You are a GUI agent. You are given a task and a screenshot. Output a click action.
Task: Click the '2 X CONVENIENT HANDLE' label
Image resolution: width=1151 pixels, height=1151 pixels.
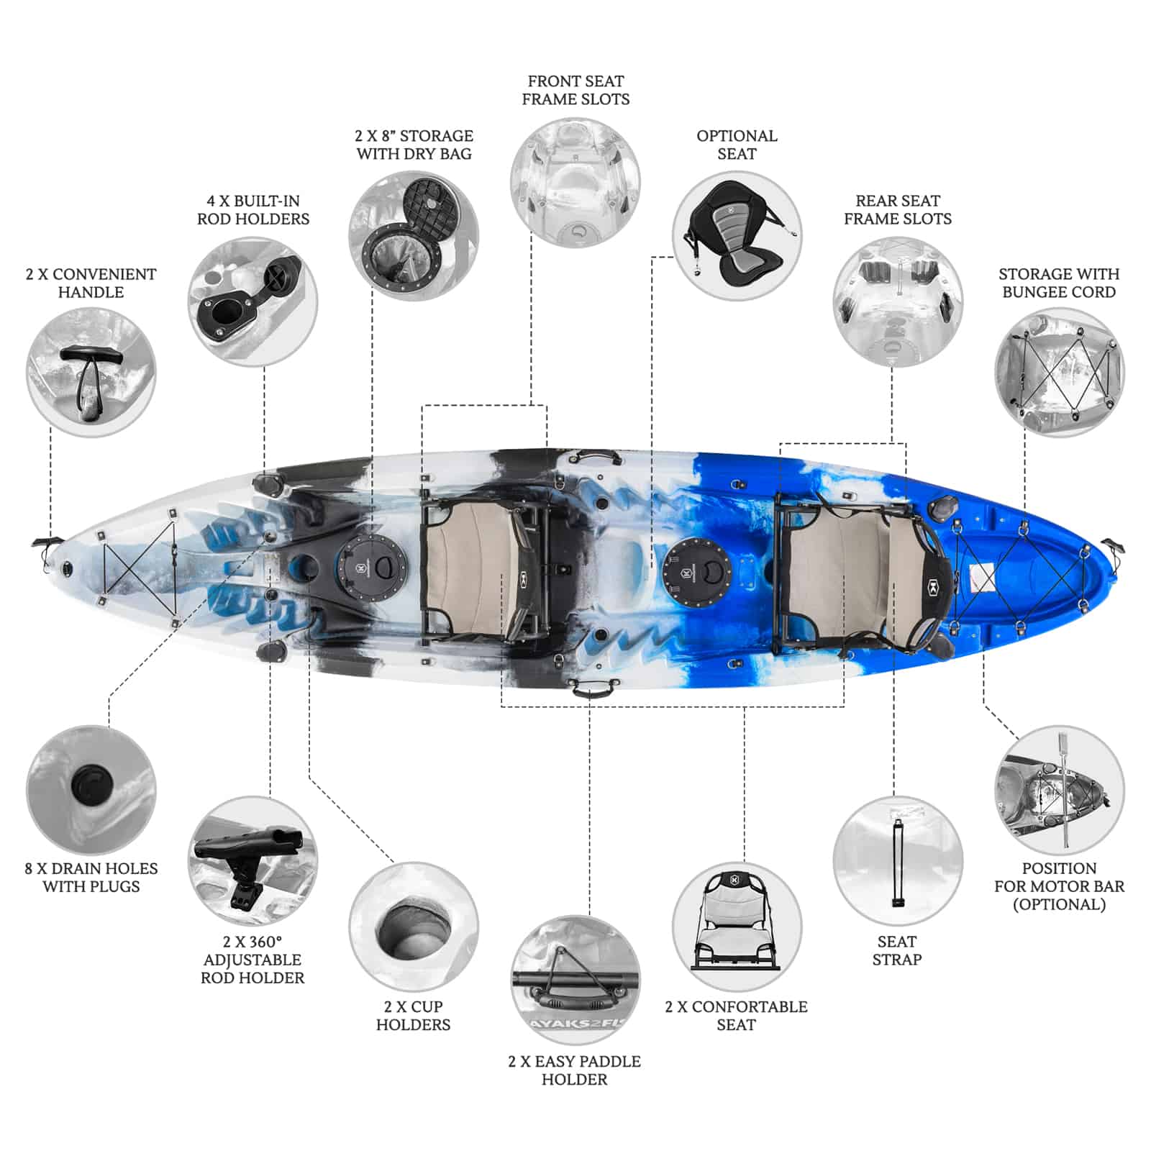[91, 283]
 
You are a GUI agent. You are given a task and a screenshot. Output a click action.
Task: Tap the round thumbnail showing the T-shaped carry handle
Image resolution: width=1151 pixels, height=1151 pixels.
[91, 372]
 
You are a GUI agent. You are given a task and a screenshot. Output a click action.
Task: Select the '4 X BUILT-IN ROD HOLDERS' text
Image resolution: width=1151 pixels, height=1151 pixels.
[253, 209]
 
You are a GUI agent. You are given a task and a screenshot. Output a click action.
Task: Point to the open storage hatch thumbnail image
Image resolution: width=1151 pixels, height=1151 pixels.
[414, 235]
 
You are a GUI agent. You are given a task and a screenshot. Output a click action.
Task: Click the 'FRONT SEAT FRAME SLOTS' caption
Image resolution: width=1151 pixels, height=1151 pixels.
[575, 90]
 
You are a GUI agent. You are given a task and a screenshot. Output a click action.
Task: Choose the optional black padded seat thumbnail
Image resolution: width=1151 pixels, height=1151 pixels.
[737, 235]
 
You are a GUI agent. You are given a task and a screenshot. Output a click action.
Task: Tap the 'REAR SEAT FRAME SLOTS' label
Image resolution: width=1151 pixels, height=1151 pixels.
[898, 209]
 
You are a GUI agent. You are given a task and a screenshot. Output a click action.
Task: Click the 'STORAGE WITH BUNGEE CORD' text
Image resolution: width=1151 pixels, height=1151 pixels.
[1059, 283]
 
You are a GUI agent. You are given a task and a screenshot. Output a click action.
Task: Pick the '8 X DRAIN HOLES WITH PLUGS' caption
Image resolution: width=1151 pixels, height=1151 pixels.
[91, 877]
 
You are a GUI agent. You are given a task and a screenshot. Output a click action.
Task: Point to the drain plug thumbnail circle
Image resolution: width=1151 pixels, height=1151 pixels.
[91, 790]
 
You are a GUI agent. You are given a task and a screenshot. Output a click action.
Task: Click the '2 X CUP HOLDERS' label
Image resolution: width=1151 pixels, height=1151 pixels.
[414, 1015]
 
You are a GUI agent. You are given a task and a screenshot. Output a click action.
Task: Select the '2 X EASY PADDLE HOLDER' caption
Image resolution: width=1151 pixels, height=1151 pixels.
[574, 1070]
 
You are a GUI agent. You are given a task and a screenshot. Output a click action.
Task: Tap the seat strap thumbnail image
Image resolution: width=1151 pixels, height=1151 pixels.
[898, 860]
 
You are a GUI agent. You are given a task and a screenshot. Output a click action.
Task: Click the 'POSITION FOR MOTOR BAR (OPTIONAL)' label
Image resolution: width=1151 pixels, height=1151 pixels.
[1059, 886]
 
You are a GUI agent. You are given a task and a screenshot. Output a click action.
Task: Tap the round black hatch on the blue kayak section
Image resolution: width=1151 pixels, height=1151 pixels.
[696, 572]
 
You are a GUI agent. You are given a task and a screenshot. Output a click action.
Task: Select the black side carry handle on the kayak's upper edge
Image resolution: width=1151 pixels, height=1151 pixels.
[593, 458]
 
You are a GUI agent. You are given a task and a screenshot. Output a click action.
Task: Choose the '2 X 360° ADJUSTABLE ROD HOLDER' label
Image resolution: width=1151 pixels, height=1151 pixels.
[253, 959]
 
